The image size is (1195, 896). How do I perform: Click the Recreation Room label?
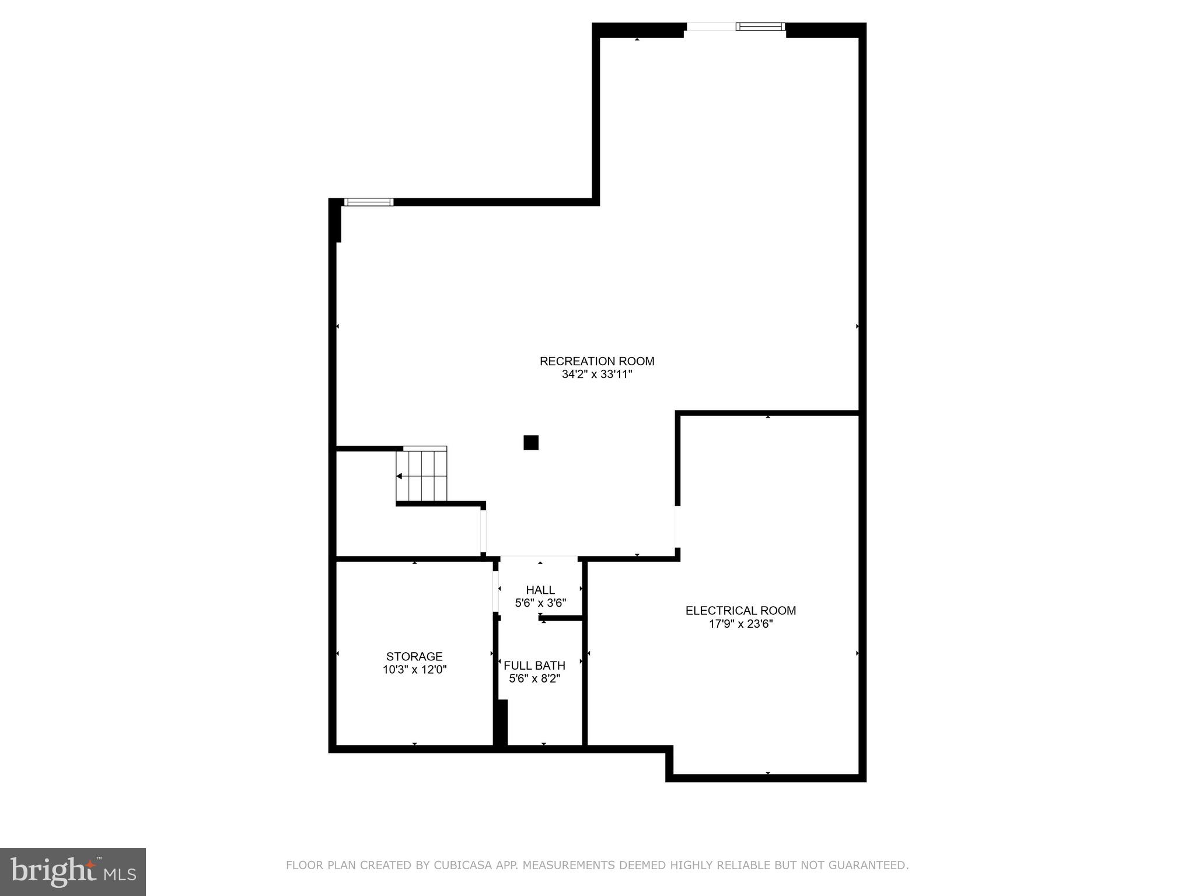point(597,361)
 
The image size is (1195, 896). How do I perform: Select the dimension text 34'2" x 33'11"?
point(597,374)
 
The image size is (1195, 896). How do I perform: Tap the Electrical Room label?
point(740,611)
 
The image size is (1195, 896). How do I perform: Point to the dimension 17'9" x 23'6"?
point(740,624)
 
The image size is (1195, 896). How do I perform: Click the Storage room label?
point(414,656)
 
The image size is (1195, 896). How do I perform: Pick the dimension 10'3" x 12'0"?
point(414,670)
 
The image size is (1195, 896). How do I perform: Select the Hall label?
point(540,590)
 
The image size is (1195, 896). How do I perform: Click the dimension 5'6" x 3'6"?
point(540,603)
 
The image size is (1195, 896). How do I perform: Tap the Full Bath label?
point(534,666)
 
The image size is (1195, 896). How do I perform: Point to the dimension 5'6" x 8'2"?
point(534,679)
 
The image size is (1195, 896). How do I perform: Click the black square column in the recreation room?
point(531,443)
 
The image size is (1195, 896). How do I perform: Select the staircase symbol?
point(422,475)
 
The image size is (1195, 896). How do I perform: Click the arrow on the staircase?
point(400,477)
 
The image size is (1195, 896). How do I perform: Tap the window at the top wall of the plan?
point(760,26)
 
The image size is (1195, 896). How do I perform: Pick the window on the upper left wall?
point(369,202)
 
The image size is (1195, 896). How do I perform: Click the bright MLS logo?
point(73,871)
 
